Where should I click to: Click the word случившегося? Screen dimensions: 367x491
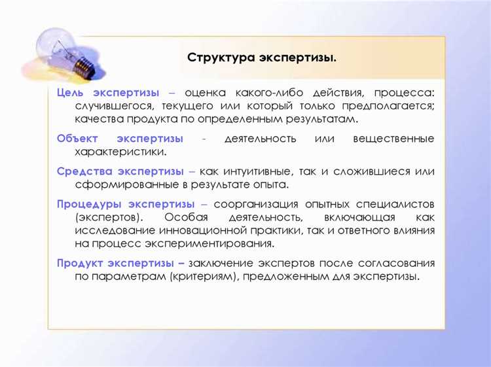(x=116, y=107)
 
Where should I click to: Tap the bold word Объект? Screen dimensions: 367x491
(x=78, y=139)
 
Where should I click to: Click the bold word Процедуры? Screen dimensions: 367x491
(x=87, y=204)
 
